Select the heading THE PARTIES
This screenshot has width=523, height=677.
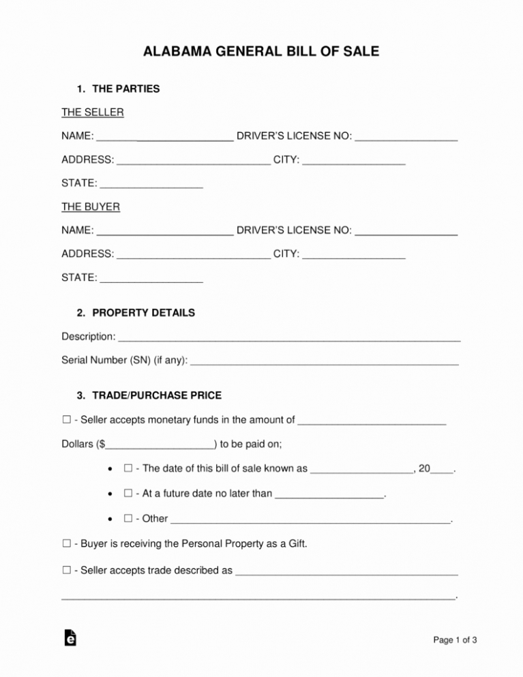(x=125, y=89)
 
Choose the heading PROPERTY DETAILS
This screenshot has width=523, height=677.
(x=143, y=313)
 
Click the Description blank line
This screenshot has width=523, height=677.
(x=290, y=337)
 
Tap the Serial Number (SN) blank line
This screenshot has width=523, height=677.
(x=325, y=361)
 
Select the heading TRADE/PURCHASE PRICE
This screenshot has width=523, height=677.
(x=157, y=395)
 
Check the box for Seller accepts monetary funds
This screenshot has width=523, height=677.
(x=66, y=420)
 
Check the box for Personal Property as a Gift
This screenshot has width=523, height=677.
(x=66, y=544)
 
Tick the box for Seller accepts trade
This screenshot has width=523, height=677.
(x=66, y=569)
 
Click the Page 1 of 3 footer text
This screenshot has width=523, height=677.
(x=455, y=640)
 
